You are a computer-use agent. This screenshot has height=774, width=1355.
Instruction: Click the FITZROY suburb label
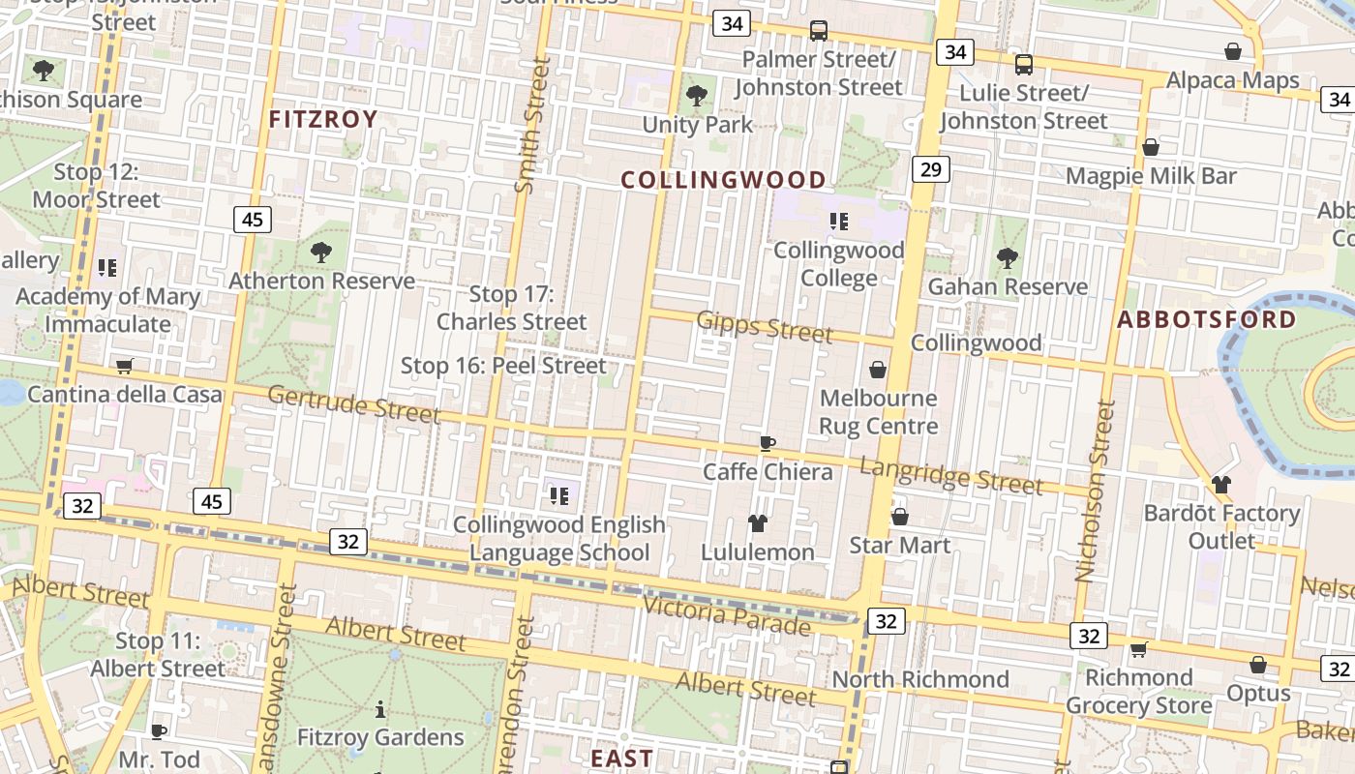pos(322,120)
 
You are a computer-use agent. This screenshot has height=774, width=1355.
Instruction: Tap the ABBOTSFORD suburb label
pos(1207,320)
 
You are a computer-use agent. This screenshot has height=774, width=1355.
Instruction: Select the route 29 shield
pos(930,170)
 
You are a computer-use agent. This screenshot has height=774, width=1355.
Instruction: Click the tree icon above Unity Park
pos(696,96)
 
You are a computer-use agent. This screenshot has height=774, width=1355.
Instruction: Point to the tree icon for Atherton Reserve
pos(321,253)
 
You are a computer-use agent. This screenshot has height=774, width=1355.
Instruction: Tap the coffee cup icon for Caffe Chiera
pos(768,443)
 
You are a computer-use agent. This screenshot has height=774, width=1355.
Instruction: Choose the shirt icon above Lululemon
pos(758,523)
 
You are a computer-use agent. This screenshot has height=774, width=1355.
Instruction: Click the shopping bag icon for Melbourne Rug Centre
pos(878,370)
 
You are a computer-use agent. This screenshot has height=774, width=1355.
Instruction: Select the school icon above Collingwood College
pos(839,222)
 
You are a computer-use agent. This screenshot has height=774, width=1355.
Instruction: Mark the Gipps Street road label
pos(764,327)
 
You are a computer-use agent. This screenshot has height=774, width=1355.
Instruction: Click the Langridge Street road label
pos(951,476)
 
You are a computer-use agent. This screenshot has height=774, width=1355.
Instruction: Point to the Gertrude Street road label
pos(353,404)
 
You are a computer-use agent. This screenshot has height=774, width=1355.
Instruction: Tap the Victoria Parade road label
pos(726,616)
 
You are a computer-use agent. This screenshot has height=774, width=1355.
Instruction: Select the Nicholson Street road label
pos(1091,491)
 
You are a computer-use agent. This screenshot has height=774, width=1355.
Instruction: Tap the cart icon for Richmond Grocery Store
pos(1139,649)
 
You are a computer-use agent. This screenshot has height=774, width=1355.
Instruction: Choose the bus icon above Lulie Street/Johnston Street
pos(1023,65)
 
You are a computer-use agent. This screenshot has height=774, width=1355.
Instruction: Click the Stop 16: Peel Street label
pos(503,366)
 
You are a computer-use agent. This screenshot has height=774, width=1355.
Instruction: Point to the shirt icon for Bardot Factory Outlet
pos(1220,485)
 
